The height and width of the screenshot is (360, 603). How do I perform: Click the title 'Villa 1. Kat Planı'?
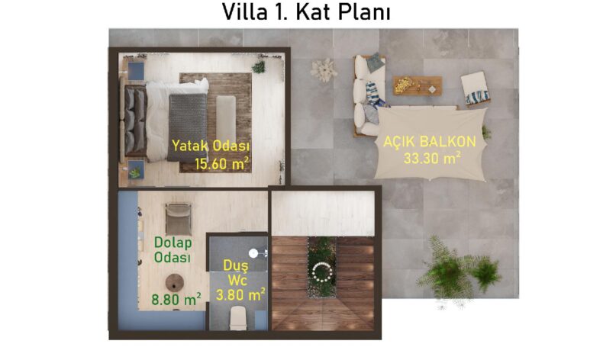click(306, 12)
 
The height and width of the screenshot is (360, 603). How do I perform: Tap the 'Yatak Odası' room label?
click(211, 146)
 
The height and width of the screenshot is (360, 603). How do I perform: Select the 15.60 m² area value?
click(221, 164)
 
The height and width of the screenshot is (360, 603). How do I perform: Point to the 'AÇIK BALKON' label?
click(430, 141)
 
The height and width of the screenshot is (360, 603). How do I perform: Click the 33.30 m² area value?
click(432, 158)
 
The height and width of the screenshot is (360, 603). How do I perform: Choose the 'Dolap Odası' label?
click(173, 249)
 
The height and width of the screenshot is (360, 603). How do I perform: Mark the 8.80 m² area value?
click(176, 299)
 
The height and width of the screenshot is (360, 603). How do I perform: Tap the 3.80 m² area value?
click(240, 294)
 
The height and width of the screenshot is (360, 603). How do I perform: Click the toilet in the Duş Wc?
click(237, 318)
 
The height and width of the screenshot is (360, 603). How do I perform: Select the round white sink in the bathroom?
click(253, 253)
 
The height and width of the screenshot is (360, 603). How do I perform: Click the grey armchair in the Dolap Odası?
click(179, 219)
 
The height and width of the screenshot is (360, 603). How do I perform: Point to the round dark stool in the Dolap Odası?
click(175, 284)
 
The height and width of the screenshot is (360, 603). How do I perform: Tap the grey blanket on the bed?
click(187, 127)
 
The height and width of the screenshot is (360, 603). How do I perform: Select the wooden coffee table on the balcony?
click(418, 85)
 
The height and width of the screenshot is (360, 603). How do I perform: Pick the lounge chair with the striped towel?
click(476, 88)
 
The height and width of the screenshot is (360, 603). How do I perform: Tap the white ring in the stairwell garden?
click(322, 272)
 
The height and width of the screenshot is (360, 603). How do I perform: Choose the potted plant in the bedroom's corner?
click(259, 67)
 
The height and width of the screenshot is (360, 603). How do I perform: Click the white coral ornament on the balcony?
click(324, 70)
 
